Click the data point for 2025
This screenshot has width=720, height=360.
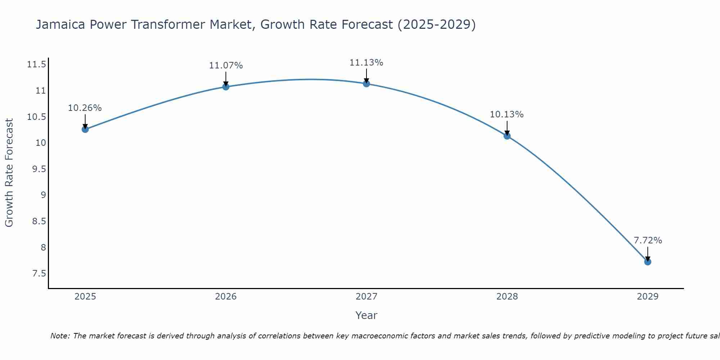tap(85, 129)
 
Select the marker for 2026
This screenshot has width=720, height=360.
tap(226, 87)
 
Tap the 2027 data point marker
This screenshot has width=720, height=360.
tap(366, 84)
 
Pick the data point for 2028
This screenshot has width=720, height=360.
tap(507, 136)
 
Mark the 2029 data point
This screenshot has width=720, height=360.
tap(648, 262)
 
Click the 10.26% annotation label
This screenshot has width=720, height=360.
tap(85, 108)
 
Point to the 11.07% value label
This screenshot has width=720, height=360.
tap(226, 66)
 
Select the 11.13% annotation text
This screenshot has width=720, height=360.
tap(366, 63)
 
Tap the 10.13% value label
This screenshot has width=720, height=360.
tap(507, 114)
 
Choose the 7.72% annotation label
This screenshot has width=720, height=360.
tap(648, 240)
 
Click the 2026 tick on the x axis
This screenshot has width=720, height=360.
tap(226, 297)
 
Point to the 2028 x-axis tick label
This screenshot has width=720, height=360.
tap(507, 297)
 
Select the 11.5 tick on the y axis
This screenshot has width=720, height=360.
tap(37, 65)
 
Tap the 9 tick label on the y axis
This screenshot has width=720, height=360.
tap(43, 195)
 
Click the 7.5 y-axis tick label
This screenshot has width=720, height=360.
tap(39, 274)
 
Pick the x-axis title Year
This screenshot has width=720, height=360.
tap(366, 315)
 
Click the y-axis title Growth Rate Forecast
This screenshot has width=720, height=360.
tap(9, 172)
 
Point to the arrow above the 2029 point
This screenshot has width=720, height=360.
tap(648, 253)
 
